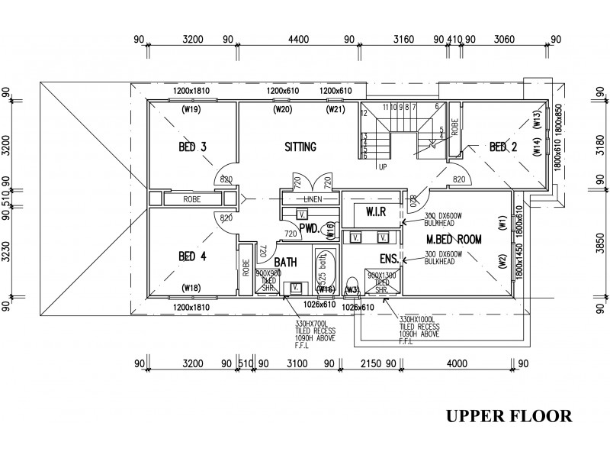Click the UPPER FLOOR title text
pos(509,416)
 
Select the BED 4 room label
pos(192,256)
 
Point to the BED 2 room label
pos(504,147)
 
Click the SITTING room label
pos(300,147)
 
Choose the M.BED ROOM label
pos(454,239)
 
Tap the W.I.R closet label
pos(378,210)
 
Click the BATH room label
pos(285,262)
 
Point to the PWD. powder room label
pos(309,227)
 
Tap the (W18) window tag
pos(191,287)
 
